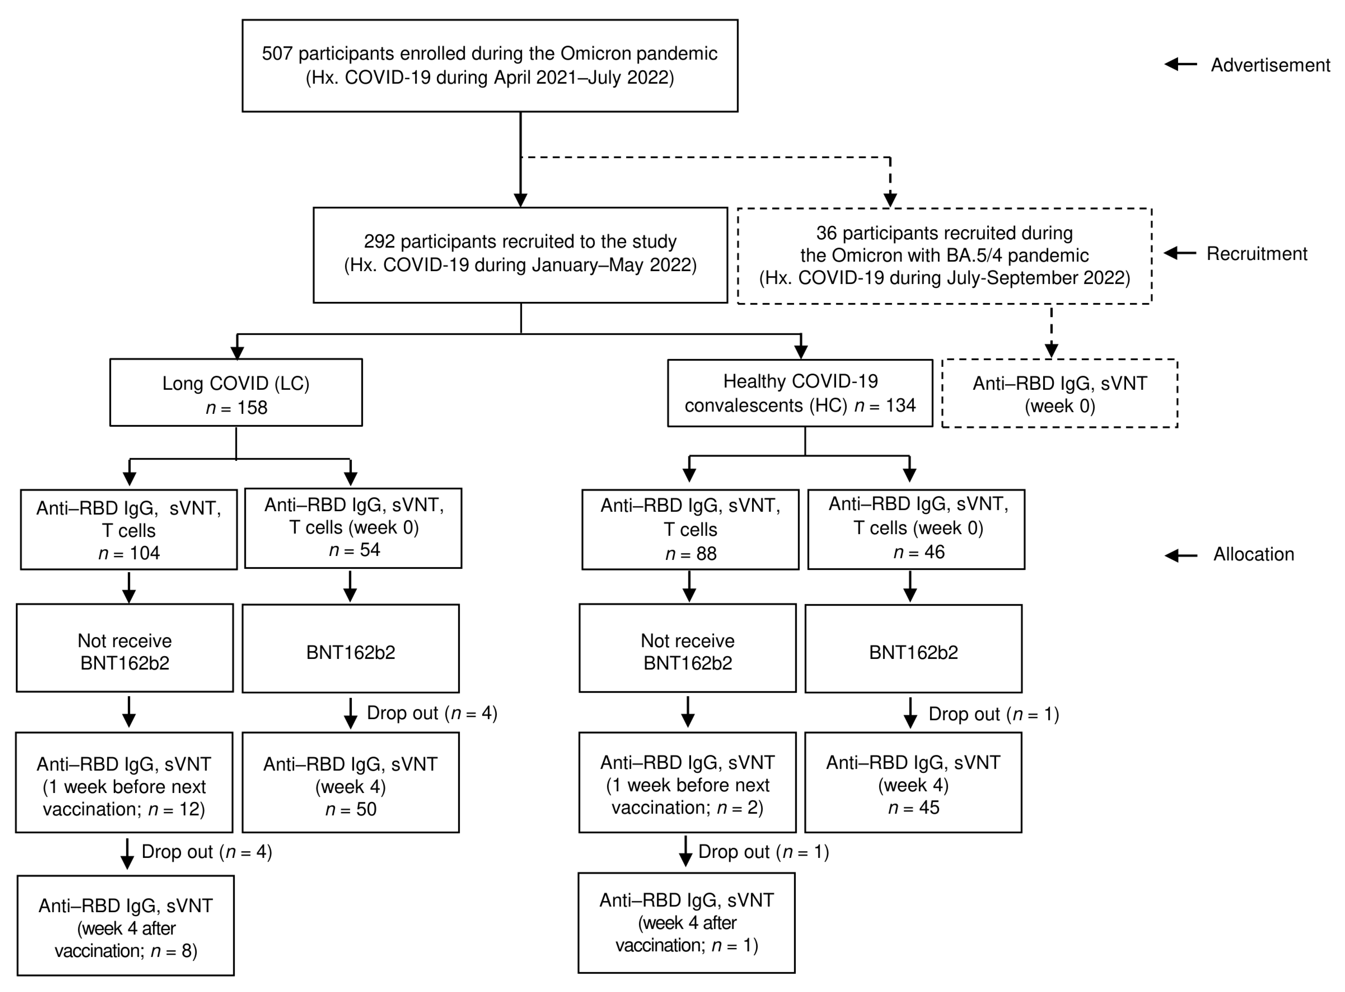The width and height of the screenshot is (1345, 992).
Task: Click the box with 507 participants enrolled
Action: [x=490, y=66]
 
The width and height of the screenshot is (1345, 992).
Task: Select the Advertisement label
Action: [x=1269, y=65]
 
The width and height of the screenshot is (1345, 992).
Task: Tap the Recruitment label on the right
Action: [x=1256, y=253]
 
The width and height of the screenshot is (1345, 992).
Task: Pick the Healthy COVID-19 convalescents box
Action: [x=800, y=393]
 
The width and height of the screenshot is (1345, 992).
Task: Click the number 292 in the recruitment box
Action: [x=379, y=241]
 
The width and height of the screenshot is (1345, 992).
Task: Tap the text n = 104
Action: [x=129, y=553]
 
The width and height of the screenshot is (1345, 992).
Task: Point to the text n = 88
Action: [x=691, y=554]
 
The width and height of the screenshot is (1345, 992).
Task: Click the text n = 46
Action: [x=919, y=552]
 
